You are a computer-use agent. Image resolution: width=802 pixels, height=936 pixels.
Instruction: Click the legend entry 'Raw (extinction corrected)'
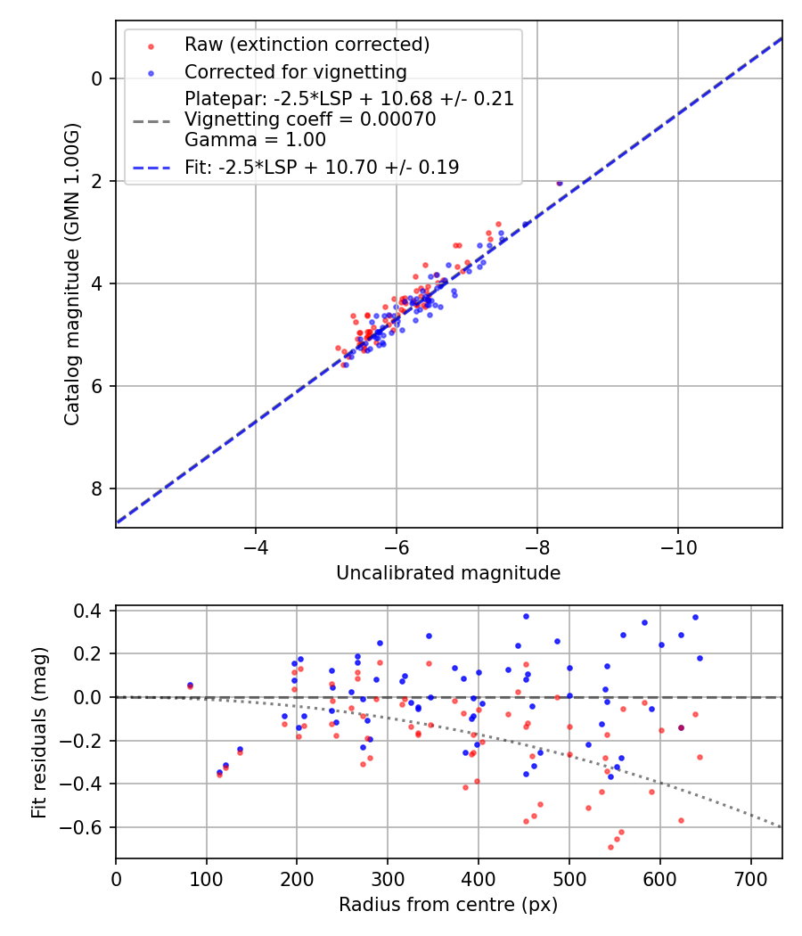[x=307, y=45]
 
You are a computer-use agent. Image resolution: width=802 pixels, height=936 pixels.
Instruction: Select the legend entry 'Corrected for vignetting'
[x=295, y=72]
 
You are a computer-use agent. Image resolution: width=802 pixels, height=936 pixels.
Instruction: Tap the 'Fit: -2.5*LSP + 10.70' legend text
[x=322, y=167]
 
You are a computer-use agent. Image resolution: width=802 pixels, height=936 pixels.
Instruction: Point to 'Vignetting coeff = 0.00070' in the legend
[x=310, y=119]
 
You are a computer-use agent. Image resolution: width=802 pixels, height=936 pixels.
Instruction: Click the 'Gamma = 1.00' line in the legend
[x=255, y=140]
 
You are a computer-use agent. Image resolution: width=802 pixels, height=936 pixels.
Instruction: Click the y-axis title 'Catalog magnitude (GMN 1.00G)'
[x=72, y=274]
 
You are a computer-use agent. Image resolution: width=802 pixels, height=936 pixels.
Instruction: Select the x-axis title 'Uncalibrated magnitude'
[x=448, y=573]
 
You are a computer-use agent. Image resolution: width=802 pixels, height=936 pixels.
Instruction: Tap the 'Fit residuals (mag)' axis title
[x=38, y=733]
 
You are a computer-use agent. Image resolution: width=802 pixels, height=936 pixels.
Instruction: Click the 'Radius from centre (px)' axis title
[x=448, y=905]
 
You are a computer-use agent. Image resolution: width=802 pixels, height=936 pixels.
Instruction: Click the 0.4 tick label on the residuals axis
[x=93, y=612]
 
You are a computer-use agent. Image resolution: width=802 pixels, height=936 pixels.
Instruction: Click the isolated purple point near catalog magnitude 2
[x=560, y=183]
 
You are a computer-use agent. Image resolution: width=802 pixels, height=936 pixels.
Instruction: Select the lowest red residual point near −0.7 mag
[x=610, y=847]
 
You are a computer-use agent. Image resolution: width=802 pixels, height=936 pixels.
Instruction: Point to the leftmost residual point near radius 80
[x=190, y=686]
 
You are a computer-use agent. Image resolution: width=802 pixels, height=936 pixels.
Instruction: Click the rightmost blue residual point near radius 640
[x=700, y=658]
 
